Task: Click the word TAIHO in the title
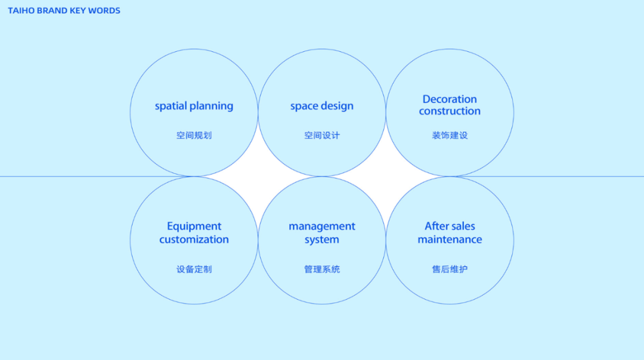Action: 21,11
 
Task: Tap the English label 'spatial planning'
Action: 194,106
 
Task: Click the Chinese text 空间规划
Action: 194,135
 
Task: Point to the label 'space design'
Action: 322,106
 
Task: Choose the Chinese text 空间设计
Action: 322,135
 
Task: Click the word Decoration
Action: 450,100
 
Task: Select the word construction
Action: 450,111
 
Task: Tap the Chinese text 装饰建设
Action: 450,135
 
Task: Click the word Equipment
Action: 194,226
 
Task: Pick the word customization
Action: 194,240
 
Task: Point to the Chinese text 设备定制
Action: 194,269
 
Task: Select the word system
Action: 322,240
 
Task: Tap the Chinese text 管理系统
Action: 322,269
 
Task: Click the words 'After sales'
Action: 450,226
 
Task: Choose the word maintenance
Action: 450,240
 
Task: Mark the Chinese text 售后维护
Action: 450,269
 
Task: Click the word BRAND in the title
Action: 52,11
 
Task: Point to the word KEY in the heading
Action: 78,11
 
